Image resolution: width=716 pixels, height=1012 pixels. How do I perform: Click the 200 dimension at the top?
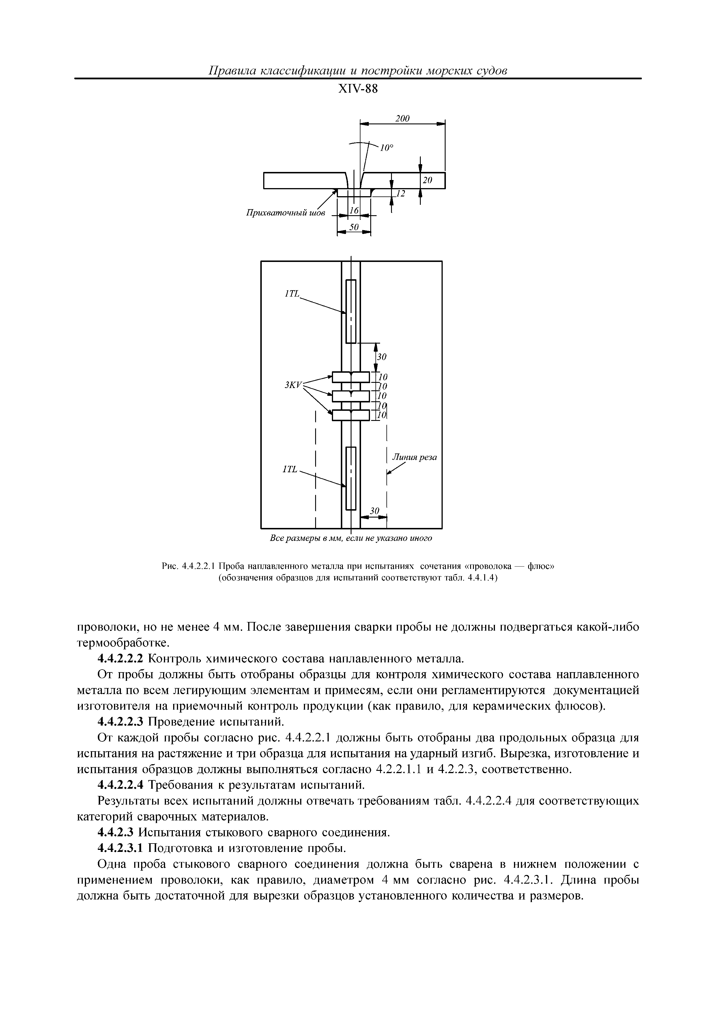(402, 119)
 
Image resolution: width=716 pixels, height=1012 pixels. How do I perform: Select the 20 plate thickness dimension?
(427, 180)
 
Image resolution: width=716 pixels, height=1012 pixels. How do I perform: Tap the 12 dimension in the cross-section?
(400, 194)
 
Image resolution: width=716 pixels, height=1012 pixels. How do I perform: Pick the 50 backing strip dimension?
(354, 227)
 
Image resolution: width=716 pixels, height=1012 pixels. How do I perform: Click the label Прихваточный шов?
(285, 213)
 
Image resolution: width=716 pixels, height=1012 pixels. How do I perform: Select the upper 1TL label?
(292, 294)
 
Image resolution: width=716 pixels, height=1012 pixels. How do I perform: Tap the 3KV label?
(293, 385)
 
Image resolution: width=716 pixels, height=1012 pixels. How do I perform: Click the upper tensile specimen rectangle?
(351, 311)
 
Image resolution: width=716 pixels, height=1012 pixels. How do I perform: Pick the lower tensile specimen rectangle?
(351, 478)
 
